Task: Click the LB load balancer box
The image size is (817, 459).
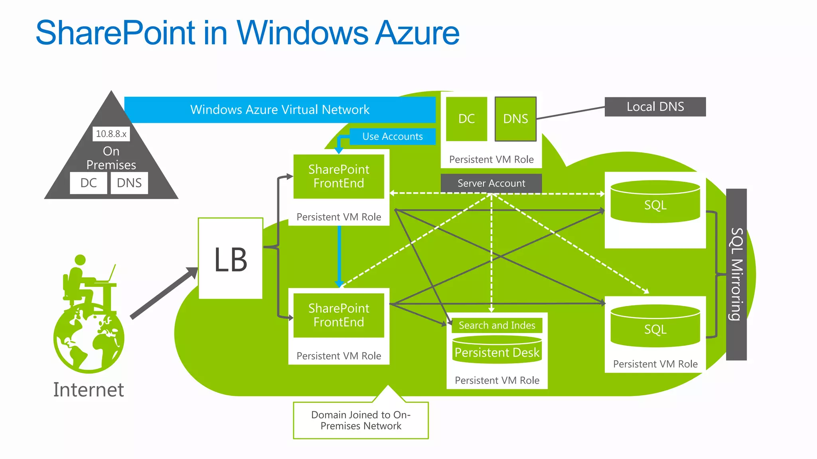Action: pyautogui.click(x=231, y=259)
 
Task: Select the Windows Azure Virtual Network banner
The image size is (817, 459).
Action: pyautogui.click(x=280, y=110)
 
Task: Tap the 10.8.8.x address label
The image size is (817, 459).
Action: pyautogui.click(x=111, y=134)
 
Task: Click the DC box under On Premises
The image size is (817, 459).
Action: pyautogui.click(x=88, y=183)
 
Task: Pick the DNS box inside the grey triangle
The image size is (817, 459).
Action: pyautogui.click(x=129, y=183)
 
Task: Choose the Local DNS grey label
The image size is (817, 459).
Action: pyautogui.click(x=655, y=107)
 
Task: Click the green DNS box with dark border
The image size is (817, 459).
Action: pyautogui.click(x=515, y=119)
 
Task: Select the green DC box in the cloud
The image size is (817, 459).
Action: pyautogui.click(x=466, y=119)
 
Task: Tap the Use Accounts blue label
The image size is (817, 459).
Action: pyautogui.click(x=392, y=136)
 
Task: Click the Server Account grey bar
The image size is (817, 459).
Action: pyautogui.click(x=491, y=183)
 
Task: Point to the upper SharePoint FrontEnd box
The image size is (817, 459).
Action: pyautogui.click(x=339, y=176)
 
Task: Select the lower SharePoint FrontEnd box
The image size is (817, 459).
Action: pyautogui.click(x=339, y=315)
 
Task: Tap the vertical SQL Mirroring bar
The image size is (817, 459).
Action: pyautogui.click(x=736, y=274)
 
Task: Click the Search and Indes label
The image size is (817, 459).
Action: pyautogui.click(x=497, y=325)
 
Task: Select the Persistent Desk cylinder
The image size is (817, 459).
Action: pyautogui.click(x=497, y=351)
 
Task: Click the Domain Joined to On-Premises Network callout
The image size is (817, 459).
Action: pyautogui.click(x=361, y=420)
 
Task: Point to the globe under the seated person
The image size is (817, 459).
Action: pyautogui.click(x=89, y=339)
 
